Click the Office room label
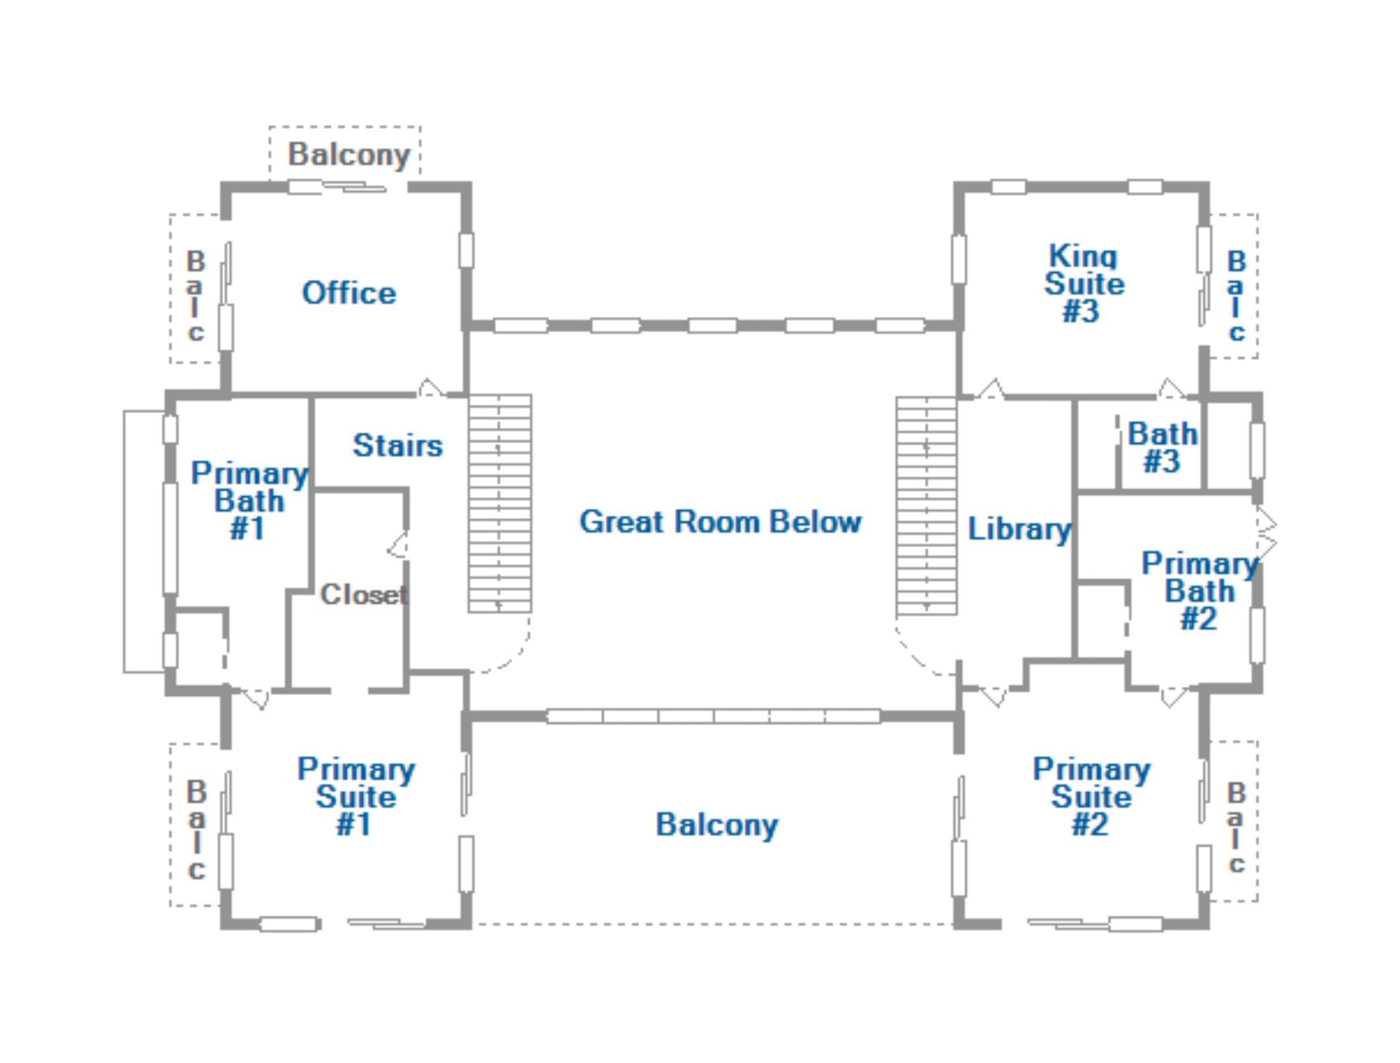[x=348, y=293]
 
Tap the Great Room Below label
[x=720, y=522]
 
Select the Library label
[x=1019, y=529]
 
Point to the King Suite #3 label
[x=1083, y=284]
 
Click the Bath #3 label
[x=1163, y=447]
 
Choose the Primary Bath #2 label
[x=1199, y=591]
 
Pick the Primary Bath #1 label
[x=249, y=501]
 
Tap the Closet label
[x=363, y=595]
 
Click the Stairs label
[x=397, y=446]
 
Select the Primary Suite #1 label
[x=355, y=796]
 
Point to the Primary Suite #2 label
[x=1090, y=796]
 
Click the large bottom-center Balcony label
[x=716, y=825]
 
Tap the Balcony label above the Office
[x=348, y=155]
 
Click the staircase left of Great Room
[x=500, y=504]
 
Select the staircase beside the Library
[x=926, y=506]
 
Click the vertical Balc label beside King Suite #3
[x=1236, y=295]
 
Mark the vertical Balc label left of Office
[x=195, y=295]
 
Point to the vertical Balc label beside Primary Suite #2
[x=1236, y=827]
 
